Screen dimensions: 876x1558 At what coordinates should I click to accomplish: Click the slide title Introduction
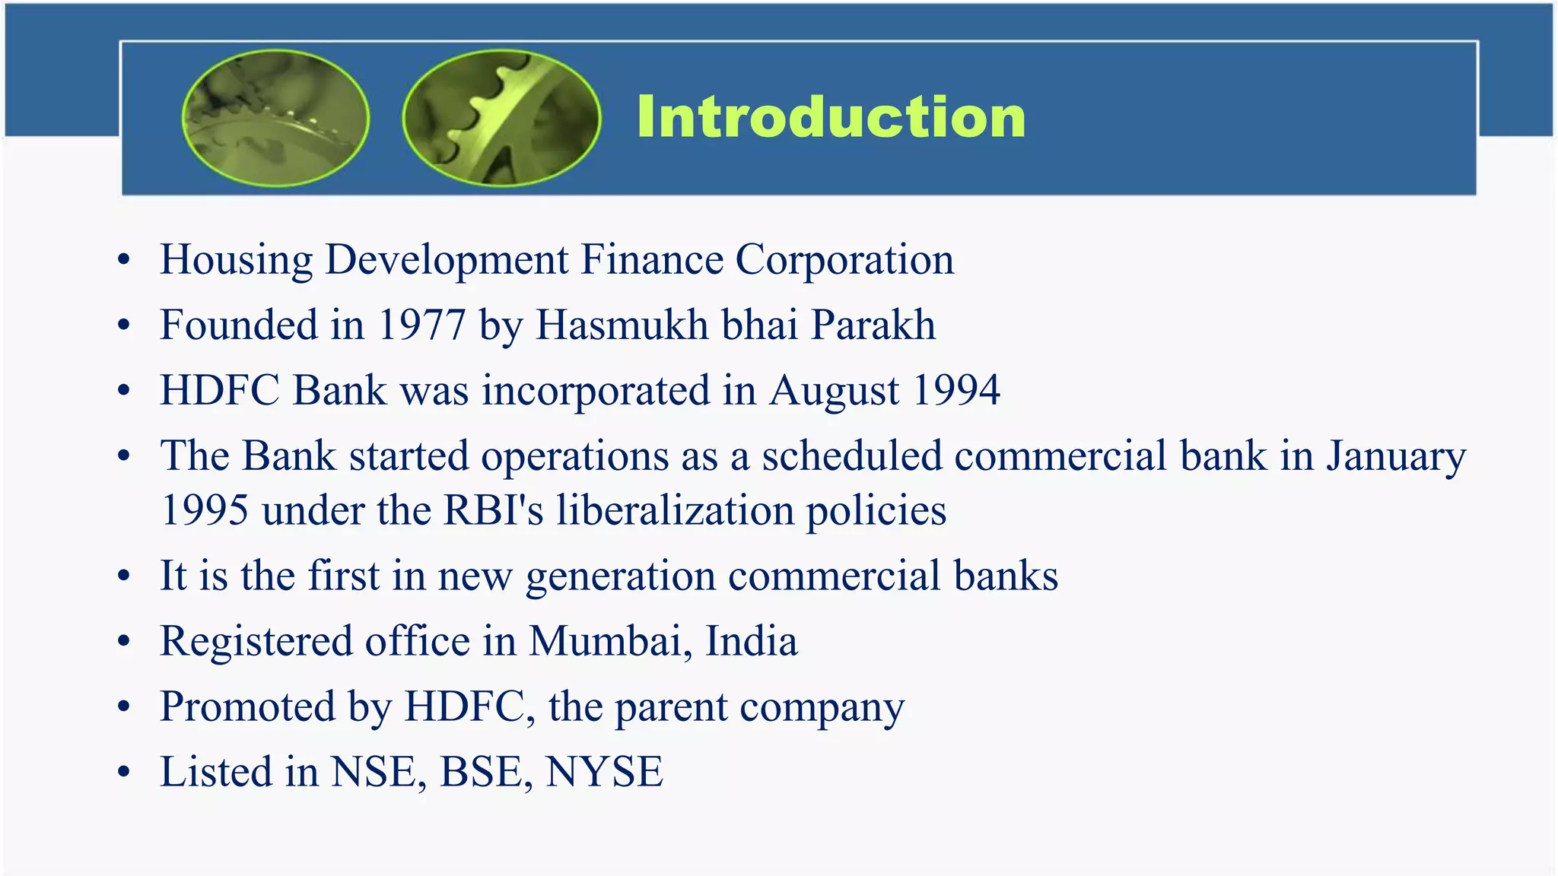coord(831,117)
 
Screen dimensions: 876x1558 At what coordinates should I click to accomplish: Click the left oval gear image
coord(275,118)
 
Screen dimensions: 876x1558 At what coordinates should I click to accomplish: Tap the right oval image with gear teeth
coord(501,118)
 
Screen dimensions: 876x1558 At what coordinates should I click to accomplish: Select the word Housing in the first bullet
coord(236,260)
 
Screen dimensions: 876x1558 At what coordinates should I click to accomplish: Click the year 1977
coord(421,325)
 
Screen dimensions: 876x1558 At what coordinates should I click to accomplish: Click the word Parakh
coord(873,325)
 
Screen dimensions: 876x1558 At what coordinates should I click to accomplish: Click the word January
coord(1396,456)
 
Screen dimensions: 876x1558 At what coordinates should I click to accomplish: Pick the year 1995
coord(205,510)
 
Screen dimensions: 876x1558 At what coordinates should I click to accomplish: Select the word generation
coord(620,576)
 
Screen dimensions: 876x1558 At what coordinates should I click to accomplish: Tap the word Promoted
coord(247,706)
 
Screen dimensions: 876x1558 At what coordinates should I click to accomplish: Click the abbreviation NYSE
coord(605,772)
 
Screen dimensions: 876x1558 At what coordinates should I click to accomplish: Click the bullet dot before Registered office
coord(124,642)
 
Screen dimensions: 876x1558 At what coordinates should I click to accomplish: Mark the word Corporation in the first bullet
coord(844,260)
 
